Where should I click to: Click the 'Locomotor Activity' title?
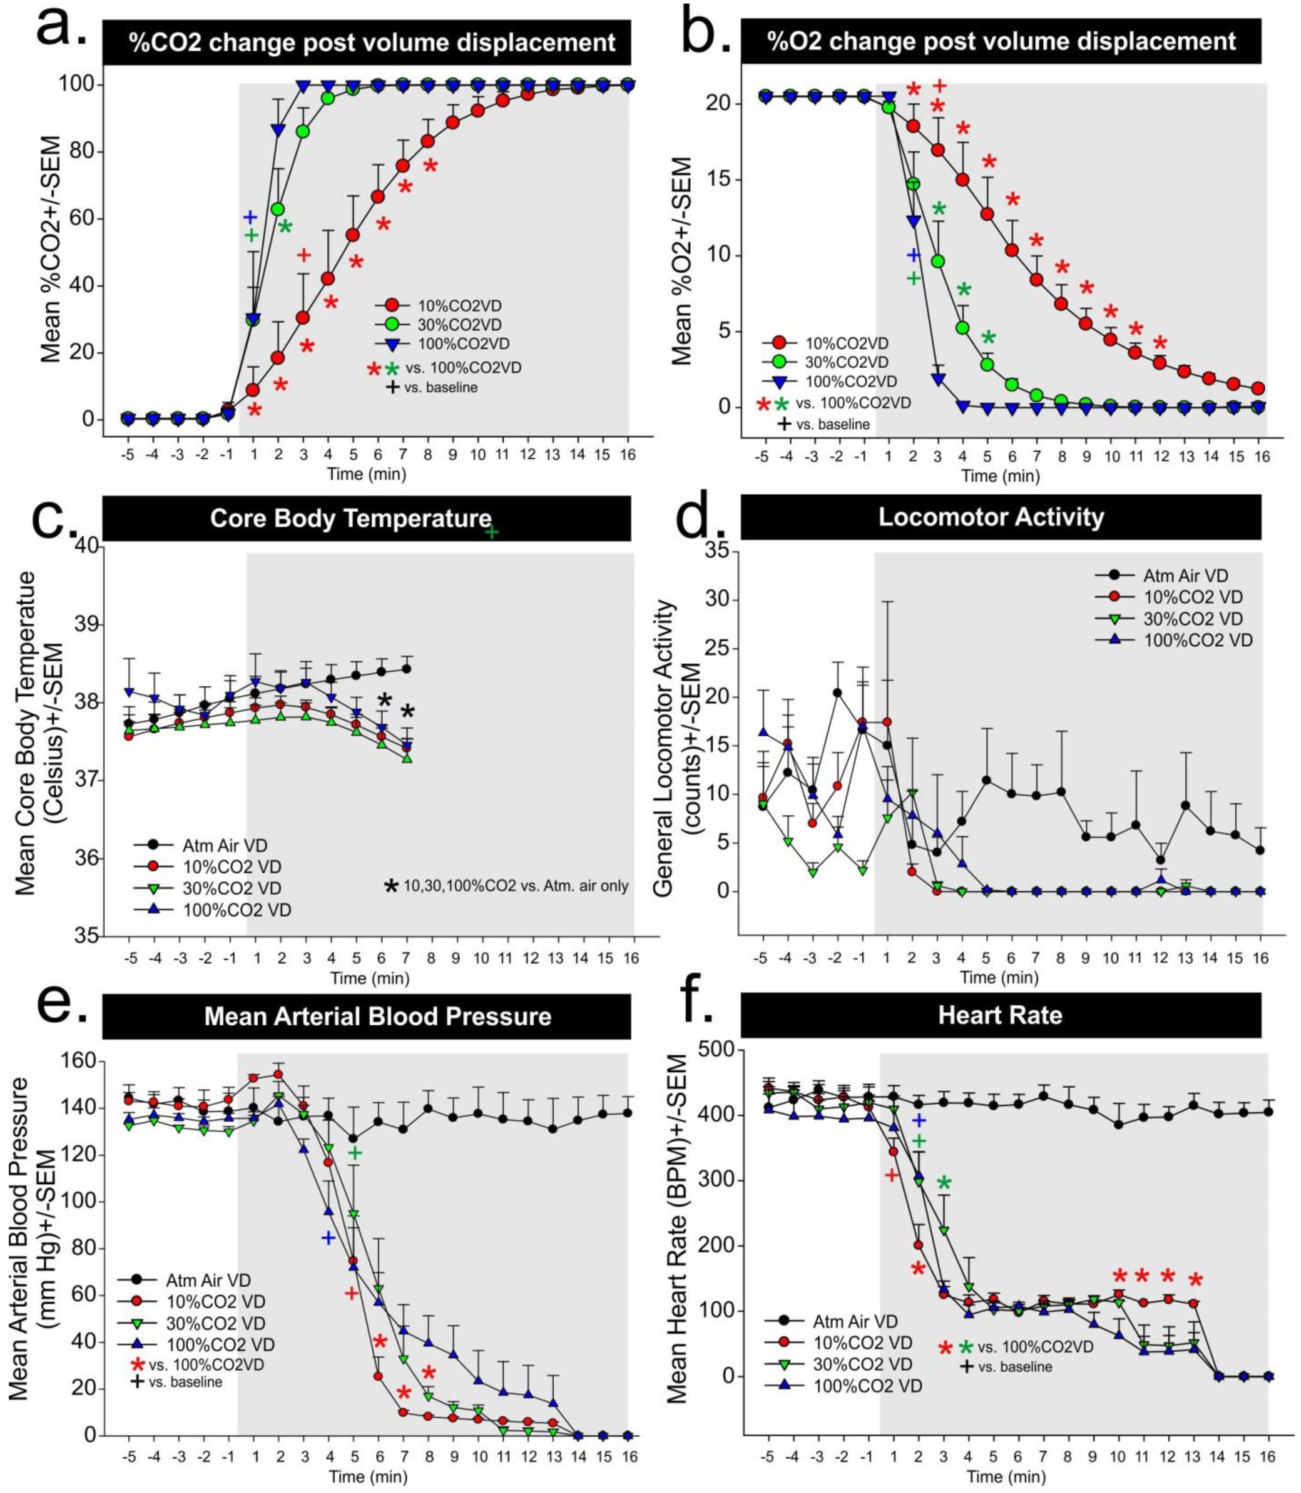tap(991, 517)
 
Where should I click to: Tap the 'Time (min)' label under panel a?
tap(367, 475)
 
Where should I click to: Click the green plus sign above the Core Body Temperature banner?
tap(491, 532)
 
